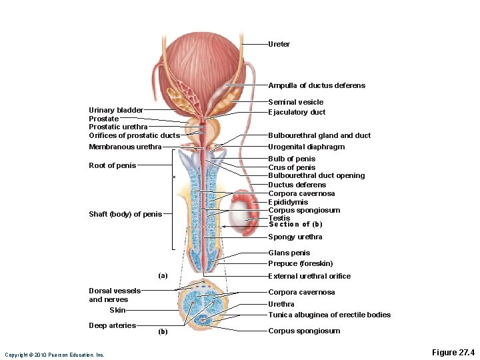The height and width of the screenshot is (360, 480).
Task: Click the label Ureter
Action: [x=279, y=44]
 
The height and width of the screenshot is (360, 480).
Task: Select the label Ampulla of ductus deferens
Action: [x=317, y=85]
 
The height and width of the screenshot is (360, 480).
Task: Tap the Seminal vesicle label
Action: [x=295, y=102]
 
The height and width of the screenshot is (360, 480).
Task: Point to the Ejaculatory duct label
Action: [x=297, y=112]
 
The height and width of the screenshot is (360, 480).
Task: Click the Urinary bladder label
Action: [x=115, y=110]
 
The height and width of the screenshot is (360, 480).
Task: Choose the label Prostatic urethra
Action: [x=118, y=127]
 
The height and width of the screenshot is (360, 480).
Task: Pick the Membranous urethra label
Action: [x=125, y=147]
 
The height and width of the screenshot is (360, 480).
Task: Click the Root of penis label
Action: [x=112, y=165]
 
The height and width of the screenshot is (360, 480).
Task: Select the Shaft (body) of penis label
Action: [x=125, y=214]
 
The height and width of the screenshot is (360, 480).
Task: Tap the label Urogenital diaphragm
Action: [x=306, y=147]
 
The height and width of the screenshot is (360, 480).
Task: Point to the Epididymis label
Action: [x=288, y=202]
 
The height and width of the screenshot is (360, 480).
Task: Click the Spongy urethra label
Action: [x=295, y=237]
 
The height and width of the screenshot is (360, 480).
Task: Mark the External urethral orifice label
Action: [x=309, y=276]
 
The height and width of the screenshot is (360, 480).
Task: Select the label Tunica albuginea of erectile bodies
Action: [x=329, y=315]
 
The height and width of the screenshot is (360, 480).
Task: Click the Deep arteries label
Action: [x=112, y=325]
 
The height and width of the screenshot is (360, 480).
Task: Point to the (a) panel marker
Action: [x=163, y=275]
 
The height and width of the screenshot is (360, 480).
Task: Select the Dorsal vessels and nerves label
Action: [x=115, y=295]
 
